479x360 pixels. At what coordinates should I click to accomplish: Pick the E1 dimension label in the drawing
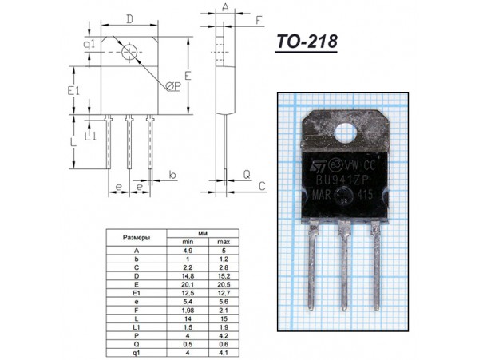[x=73, y=93]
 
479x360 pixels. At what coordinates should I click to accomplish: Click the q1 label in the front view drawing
[x=90, y=45]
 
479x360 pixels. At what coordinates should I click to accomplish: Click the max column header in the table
[x=224, y=242]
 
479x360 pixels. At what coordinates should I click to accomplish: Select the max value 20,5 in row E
[x=224, y=284]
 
